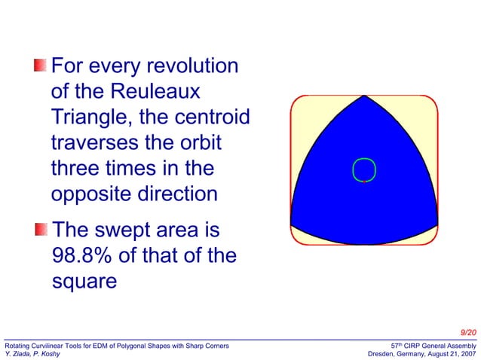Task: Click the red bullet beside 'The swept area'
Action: coord(40,229)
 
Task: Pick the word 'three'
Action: coord(77,169)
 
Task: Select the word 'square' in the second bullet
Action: coord(84,282)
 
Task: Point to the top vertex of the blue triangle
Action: coord(364,96)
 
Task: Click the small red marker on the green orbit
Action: coord(364,182)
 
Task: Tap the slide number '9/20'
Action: coord(467,333)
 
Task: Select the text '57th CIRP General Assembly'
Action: coord(433,344)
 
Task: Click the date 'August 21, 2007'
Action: coord(448,353)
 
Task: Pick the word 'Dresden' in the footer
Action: coord(382,353)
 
